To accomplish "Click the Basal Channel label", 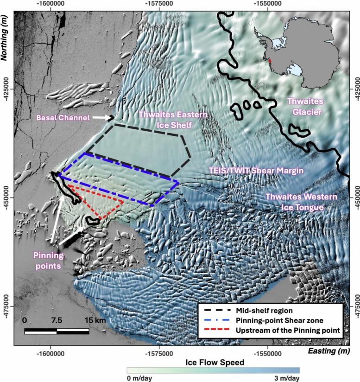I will (x=62, y=118).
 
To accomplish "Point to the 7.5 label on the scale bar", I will (x=57, y=320).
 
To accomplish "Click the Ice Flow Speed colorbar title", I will (x=213, y=361).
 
